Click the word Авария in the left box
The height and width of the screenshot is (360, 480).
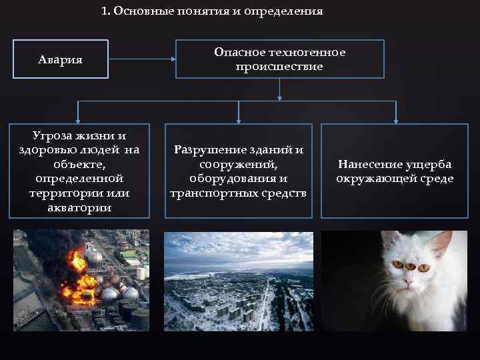pyautogui.click(x=60, y=60)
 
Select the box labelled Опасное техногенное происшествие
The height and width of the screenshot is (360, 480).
pyautogui.click(x=279, y=59)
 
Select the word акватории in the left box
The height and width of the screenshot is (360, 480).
pyautogui.click(x=79, y=207)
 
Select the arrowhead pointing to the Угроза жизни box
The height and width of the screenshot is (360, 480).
pyautogui.click(x=79, y=120)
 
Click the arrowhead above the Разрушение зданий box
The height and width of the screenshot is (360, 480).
pyautogui.click(x=239, y=120)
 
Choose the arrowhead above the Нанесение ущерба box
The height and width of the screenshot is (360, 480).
pyautogui.click(x=395, y=120)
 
